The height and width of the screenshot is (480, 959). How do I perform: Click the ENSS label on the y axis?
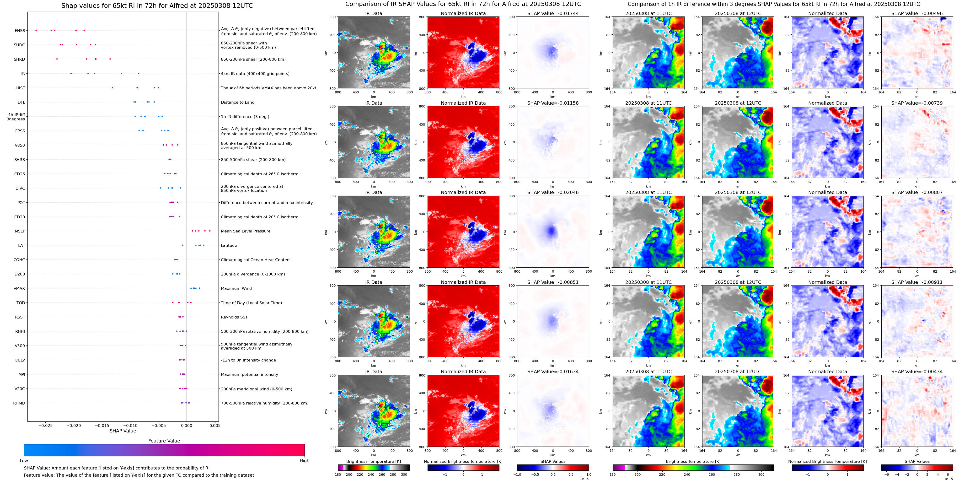click(x=20, y=31)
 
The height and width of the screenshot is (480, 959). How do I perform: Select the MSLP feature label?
click(x=20, y=231)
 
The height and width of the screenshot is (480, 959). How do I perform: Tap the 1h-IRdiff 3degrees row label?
click(x=16, y=117)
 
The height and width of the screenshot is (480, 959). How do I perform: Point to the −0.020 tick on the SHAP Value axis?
click(x=74, y=425)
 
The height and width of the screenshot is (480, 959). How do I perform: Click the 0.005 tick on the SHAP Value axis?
click(x=215, y=425)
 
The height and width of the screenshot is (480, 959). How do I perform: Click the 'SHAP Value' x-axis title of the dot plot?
click(x=123, y=431)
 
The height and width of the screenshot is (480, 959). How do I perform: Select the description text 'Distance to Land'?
click(x=237, y=102)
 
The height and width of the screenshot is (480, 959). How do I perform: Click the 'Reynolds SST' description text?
click(x=234, y=317)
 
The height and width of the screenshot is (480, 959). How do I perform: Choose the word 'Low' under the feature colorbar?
click(x=24, y=461)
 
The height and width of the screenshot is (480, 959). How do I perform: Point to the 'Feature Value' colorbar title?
click(x=164, y=441)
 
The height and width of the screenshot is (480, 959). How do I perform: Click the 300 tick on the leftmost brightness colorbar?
click(x=404, y=475)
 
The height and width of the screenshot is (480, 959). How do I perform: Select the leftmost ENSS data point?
click(x=36, y=30)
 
